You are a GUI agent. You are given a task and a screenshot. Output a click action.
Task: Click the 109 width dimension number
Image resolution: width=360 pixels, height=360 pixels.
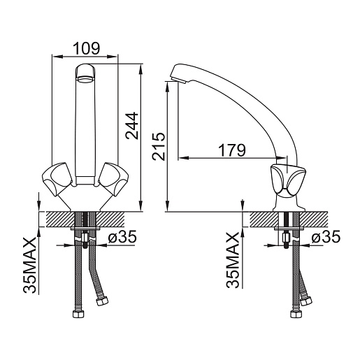click(x=87, y=48)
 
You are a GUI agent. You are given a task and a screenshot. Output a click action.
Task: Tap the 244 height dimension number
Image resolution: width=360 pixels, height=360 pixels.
click(x=132, y=126)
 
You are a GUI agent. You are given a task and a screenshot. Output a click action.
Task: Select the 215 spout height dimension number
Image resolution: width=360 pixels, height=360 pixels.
click(x=159, y=147)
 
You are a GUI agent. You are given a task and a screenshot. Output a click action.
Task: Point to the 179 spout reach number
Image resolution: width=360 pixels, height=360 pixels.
click(x=232, y=150)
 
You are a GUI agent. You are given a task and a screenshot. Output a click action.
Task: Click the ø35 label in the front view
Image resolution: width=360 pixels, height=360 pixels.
click(x=122, y=237)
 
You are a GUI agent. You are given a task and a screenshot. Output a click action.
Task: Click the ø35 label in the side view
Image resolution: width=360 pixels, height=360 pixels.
click(x=326, y=237)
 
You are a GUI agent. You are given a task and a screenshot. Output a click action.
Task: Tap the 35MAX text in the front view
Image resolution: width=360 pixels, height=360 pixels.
click(x=30, y=265)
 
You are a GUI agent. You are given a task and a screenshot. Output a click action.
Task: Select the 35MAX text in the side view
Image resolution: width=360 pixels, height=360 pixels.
click(x=233, y=260)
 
